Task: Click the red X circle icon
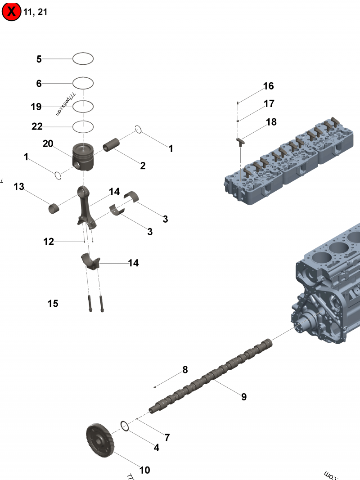[12, 12]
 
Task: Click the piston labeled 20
[83, 157]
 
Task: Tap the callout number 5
[39, 59]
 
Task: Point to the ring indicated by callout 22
[83, 127]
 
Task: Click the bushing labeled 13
[55, 208]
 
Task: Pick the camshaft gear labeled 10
[100, 439]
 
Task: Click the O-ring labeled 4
[125, 426]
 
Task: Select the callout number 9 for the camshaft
[244, 397]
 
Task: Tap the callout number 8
[185, 370]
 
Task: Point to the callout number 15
[53, 304]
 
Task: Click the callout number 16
[268, 86]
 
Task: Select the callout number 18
[271, 122]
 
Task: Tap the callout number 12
[49, 242]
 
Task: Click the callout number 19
[36, 107]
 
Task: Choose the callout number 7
[167, 437]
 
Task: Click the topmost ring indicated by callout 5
[83, 58]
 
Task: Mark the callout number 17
[269, 104]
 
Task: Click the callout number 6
[39, 84]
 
